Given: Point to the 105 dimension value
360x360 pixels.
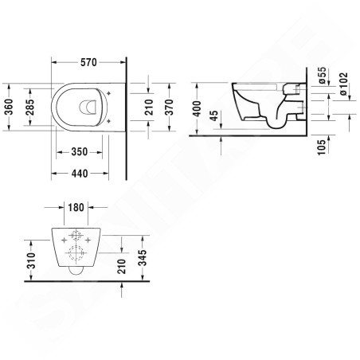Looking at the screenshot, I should tap(322, 147).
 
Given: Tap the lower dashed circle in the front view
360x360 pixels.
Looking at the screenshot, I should tap(77, 256).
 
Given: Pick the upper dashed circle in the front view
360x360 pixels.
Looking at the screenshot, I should tap(77, 237).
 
